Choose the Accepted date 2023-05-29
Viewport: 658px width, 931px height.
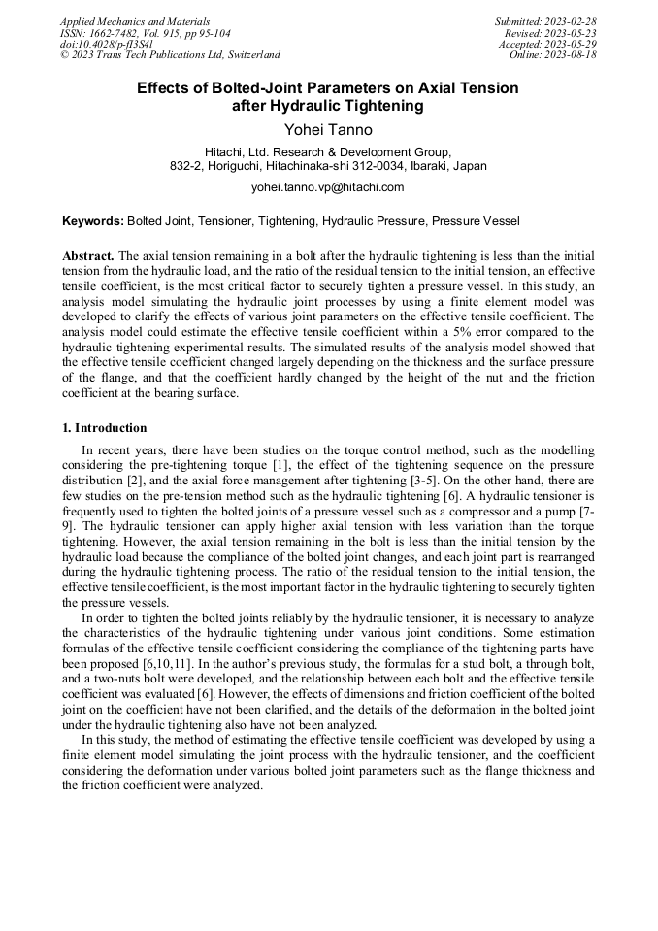(x=572, y=44)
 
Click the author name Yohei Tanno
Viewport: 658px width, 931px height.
(x=328, y=129)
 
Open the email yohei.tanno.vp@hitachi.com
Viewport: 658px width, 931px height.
(x=328, y=187)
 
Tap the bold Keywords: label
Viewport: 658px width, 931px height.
(x=93, y=222)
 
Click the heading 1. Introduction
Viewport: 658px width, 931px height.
(x=105, y=428)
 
